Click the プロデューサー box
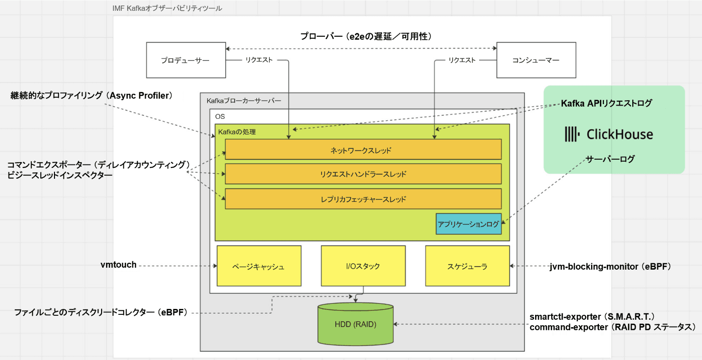[185, 60]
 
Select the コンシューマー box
[536, 60]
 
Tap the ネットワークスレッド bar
[363, 150]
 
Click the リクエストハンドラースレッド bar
[363, 174]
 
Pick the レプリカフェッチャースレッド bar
[363, 199]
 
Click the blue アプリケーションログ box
[468, 224]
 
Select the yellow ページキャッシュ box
[259, 266]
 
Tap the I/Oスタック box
[363, 266]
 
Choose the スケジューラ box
[467, 266]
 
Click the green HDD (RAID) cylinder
[355, 324]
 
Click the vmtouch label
[118, 266]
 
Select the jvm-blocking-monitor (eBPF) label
[610, 266]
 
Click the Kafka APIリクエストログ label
[607, 103]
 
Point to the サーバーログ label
[610, 159]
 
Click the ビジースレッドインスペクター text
[60, 174]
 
